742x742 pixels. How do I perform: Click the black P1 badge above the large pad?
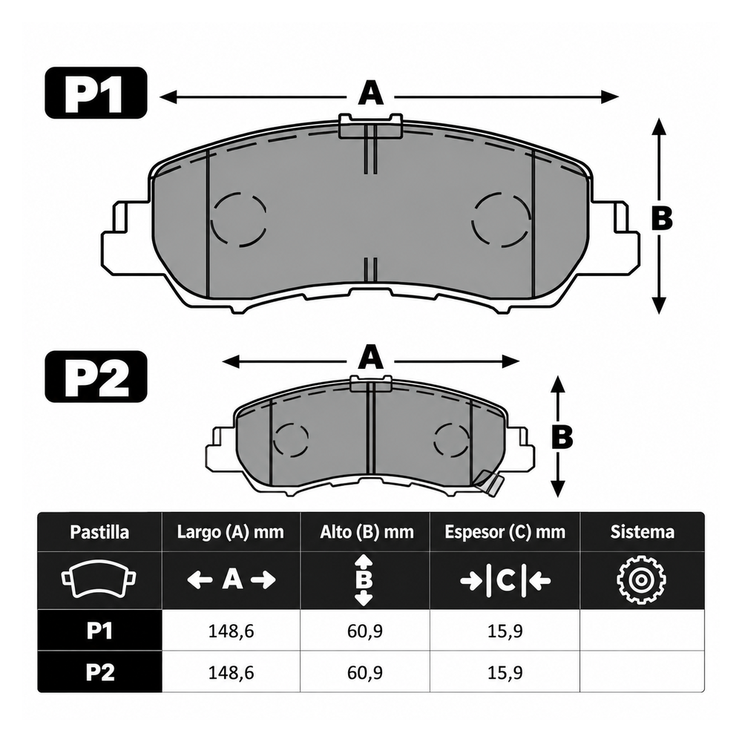click(x=96, y=93)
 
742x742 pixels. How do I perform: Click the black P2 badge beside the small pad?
click(x=96, y=377)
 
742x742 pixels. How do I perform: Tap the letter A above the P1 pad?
click(x=370, y=93)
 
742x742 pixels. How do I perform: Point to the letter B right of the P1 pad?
click(x=662, y=219)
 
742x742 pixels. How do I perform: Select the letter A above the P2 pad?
click(x=370, y=358)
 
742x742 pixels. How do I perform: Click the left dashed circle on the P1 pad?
click(x=238, y=220)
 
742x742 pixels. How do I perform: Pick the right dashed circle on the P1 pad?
click(x=501, y=220)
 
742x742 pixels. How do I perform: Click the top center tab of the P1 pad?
click(x=370, y=126)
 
